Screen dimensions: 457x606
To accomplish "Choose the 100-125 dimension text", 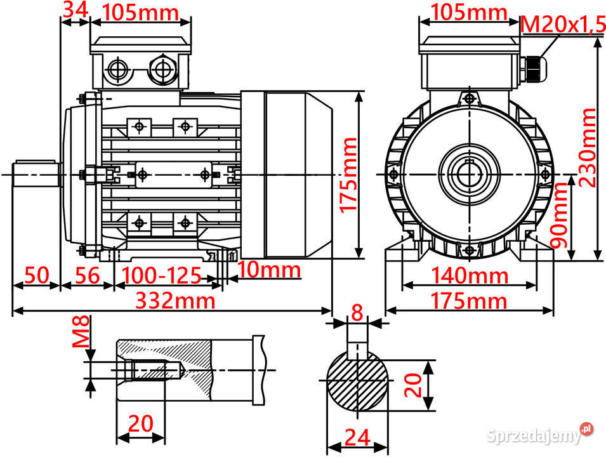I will coord(161,275).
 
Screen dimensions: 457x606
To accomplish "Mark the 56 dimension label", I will coord(87,275).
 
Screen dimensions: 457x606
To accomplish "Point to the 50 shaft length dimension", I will coord(36,275).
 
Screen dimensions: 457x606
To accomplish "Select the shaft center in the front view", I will coord(469,173).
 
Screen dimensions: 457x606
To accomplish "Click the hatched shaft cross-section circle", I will coord(357,384).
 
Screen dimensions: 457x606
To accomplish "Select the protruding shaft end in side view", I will coord(35,173).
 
